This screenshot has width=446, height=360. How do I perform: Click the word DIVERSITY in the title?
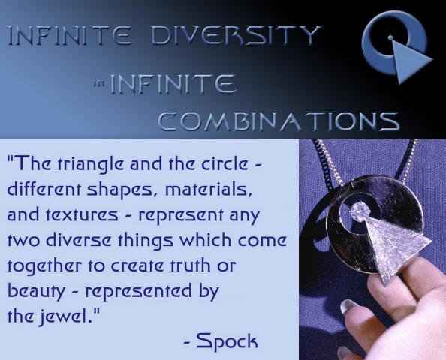236,36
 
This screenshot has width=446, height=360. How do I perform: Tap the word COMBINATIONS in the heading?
279,121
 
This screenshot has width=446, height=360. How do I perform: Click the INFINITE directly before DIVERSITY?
70,36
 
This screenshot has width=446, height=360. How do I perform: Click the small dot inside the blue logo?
391,37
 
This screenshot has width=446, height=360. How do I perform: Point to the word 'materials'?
209,190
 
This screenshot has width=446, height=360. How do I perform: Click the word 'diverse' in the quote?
78,241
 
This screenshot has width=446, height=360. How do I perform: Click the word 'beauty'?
36,292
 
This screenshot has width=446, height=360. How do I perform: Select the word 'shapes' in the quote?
119,190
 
